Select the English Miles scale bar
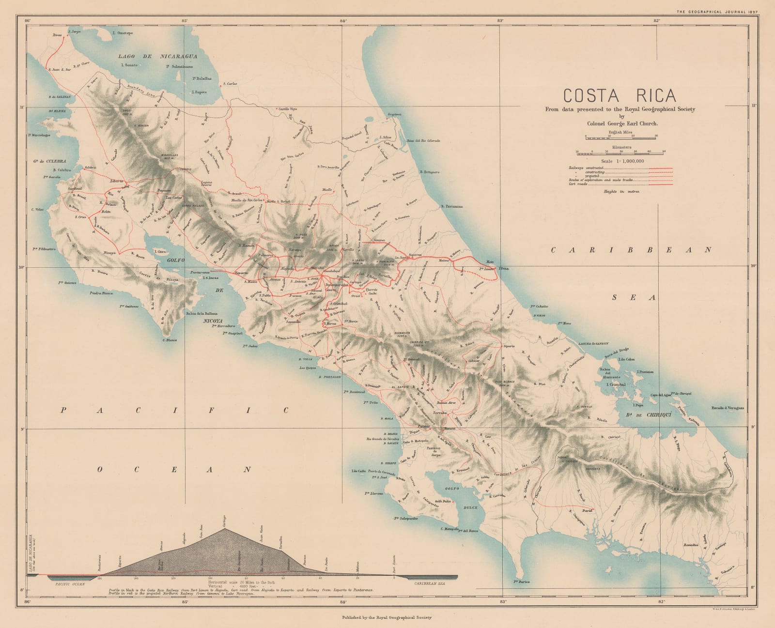(620, 138)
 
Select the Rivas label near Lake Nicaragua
(58, 35)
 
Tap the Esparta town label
(241, 273)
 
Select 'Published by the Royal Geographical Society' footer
(386, 617)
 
